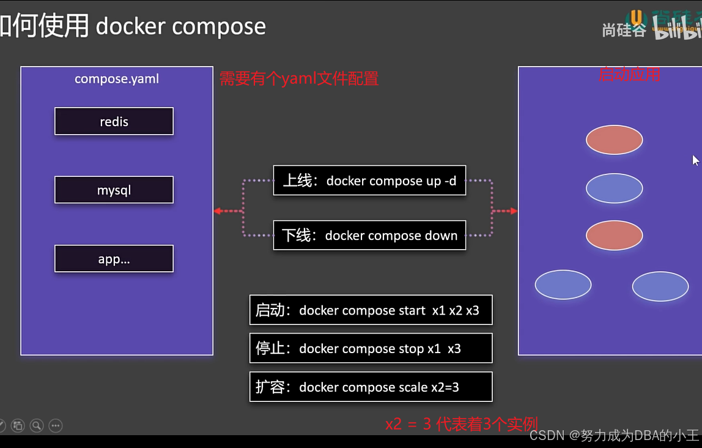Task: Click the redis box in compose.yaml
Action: (114, 121)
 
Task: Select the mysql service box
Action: (114, 190)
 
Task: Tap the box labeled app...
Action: (114, 259)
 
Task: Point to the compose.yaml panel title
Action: (116, 78)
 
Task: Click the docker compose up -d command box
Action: (369, 181)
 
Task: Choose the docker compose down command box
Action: (369, 236)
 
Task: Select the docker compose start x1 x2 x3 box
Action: (371, 310)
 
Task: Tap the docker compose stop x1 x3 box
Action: (371, 348)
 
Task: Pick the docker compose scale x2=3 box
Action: (371, 387)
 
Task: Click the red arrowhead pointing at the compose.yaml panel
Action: (217, 211)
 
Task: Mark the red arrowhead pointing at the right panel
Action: (513, 211)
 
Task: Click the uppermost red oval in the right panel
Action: (614, 140)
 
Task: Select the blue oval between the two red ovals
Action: (614, 188)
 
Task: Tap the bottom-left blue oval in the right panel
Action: (563, 285)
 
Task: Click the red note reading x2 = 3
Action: (461, 424)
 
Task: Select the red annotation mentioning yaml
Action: (299, 78)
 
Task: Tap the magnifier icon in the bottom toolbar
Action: (37, 425)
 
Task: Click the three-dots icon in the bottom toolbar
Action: (56, 425)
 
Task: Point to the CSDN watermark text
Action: (614, 435)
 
